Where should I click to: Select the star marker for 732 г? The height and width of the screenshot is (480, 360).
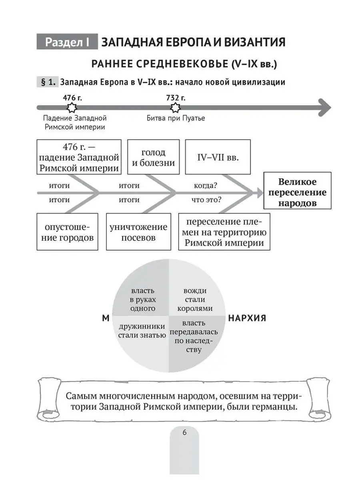click(175, 107)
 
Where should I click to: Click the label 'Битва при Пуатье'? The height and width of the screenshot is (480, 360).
click(176, 118)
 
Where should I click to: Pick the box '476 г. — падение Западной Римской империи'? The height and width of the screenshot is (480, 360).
click(79, 157)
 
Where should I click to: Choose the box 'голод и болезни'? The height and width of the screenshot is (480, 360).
click(153, 157)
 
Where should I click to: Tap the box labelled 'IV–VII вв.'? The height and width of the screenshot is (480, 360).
click(218, 157)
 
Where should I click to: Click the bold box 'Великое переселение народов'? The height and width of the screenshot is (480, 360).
click(297, 192)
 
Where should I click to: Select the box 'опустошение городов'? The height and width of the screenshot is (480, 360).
click(67, 232)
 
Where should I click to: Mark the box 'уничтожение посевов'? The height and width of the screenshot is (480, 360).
click(138, 232)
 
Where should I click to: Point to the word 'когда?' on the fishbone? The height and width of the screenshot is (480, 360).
click(206, 186)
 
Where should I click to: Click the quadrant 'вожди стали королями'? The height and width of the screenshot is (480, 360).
click(194, 300)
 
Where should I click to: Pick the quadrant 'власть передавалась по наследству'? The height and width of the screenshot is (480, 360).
click(194, 336)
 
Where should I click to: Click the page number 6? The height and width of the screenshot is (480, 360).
click(184, 432)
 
